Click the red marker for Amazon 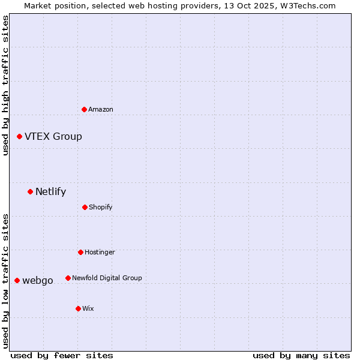click(84, 109)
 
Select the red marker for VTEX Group click(19, 137)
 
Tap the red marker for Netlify click(30, 192)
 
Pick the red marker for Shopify click(85, 208)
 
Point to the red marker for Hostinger click(80, 253)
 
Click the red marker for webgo click(17, 281)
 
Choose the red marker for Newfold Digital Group click(68, 278)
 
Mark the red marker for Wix click(78, 309)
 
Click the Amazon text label click(101, 109)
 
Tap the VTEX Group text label click(53, 137)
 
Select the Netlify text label click(51, 192)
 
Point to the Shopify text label click(101, 208)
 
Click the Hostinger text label click(100, 253)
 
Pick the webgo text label click(38, 281)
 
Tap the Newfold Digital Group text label click(107, 278)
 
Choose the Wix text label click(88, 309)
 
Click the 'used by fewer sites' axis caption click(62, 355)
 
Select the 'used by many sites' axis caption click(301, 355)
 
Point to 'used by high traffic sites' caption click(6, 85)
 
